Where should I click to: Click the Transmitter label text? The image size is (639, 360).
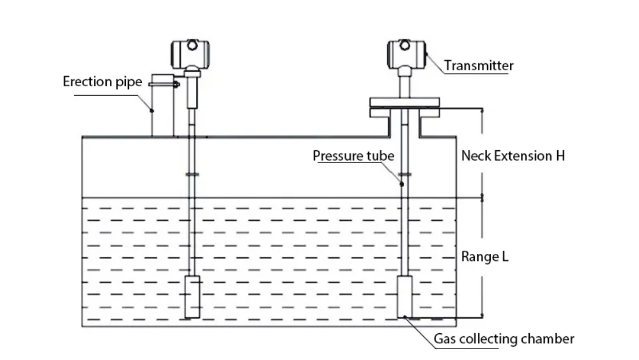pos(479,65)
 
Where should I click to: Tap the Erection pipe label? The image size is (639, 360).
pos(102,82)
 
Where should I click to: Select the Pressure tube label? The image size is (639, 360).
pos(353,155)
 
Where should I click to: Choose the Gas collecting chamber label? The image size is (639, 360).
pos(504,339)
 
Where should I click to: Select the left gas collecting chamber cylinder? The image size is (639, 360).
pos(193,297)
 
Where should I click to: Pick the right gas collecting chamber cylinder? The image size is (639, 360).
pos(407,297)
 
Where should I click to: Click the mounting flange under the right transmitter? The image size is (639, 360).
pos(406,107)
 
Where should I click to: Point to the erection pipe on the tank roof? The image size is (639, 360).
pos(162,115)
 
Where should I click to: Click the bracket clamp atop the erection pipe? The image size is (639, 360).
pos(164,82)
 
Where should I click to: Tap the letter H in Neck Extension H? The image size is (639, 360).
pos(560,155)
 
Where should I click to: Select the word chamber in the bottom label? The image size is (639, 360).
pos(550,339)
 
